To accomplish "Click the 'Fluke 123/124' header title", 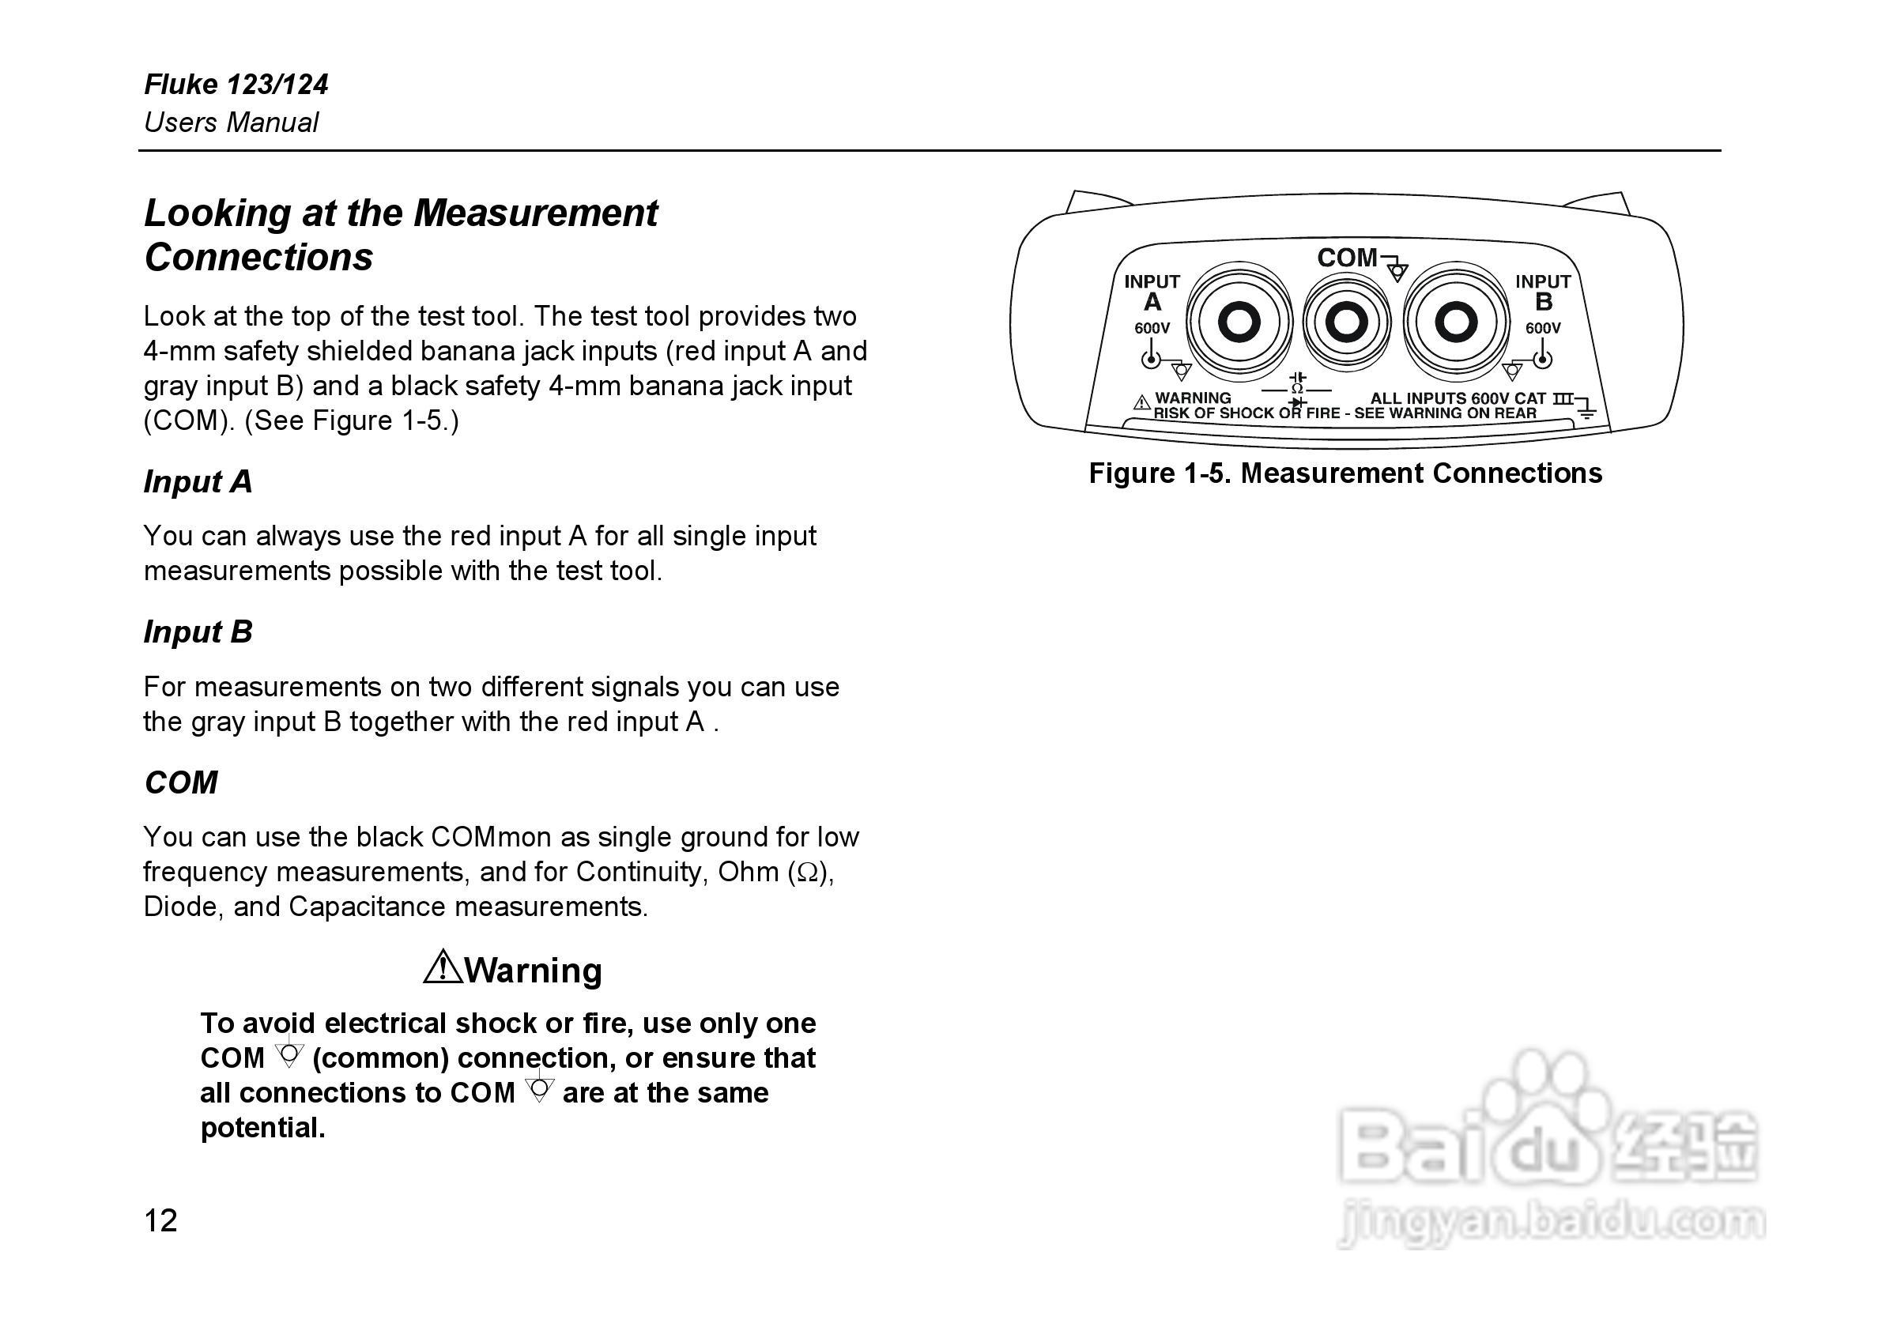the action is tap(236, 85).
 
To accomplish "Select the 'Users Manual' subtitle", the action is tap(231, 123).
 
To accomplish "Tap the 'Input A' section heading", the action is tap(198, 482).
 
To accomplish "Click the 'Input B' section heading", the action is tap(198, 632).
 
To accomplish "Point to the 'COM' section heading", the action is tap(181, 782).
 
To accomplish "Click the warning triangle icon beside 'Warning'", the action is tap(443, 967).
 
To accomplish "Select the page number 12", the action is tap(160, 1221).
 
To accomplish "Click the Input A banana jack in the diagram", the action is tap(1239, 322).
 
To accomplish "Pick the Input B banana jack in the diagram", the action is tap(1456, 322).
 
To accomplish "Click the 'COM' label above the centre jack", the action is tap(1348, 258).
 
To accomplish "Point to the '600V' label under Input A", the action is tap(1152, 329).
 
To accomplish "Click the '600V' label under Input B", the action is tap(1543, 329).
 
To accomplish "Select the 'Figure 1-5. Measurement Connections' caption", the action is tap(1345, 473).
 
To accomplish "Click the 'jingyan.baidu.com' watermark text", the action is tap(1549, 1221).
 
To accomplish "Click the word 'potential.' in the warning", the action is tap(263, 1129).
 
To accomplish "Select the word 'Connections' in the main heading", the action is tap(259, 258).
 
